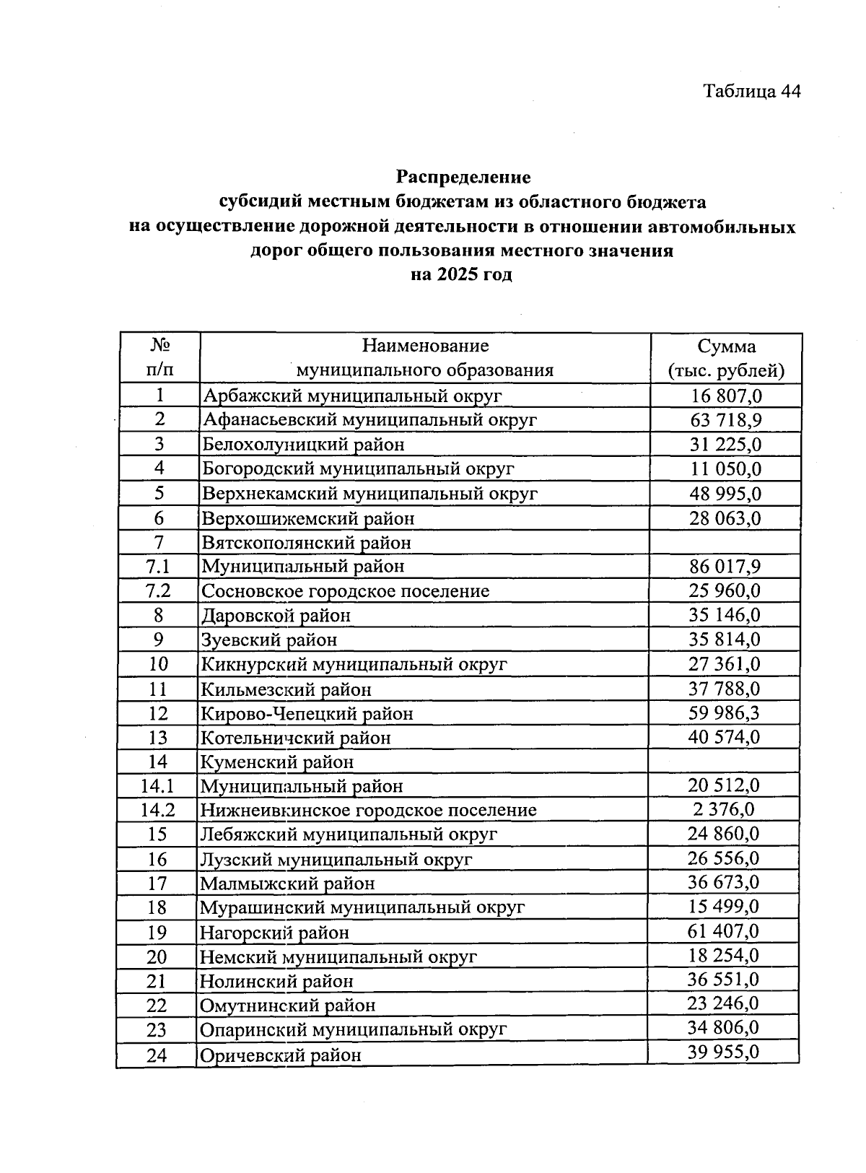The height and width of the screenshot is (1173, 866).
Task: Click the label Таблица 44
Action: [x=751, y=91]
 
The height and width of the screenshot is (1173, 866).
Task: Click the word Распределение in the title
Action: [x=463, y=177]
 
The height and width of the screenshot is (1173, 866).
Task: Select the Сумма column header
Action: [x=726, y=358]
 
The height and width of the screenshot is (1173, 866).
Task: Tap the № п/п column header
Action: [x=159, y=358]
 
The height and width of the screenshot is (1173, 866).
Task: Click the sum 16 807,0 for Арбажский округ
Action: [x=726, y=396]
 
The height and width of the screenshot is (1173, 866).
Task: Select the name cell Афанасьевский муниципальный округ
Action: [x=369, y=420]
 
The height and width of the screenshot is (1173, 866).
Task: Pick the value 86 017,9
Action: [x=725, y=567]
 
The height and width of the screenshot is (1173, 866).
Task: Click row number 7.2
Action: [x=158, y=591]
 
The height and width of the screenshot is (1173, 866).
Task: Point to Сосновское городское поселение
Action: [x=345, y=591]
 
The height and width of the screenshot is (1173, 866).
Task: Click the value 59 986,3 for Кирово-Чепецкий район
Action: [x=724, y=713]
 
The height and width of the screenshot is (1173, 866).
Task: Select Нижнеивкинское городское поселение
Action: [x=368, y=810]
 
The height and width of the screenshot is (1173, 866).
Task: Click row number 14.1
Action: [x=157, y=786]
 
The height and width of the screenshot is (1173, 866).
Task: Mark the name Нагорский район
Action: [x=274, y=933]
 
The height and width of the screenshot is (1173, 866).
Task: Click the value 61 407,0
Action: [x=723, y=931]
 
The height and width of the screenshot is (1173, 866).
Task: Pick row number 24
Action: [x=157, y=1055]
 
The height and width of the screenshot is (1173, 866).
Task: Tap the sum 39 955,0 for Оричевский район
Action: [x=723, y=1052]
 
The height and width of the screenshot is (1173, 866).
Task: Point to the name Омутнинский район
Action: [x=287, y=1006]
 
